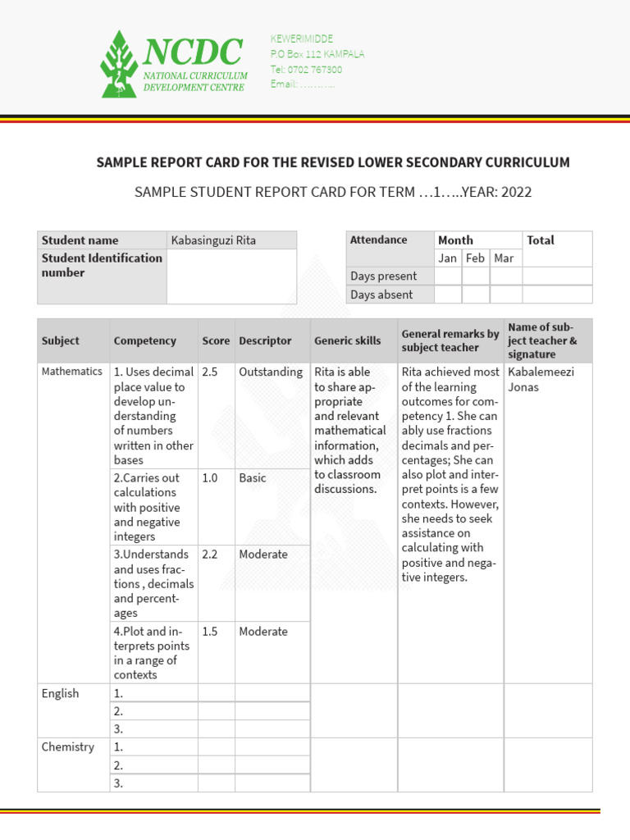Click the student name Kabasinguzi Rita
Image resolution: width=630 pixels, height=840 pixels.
point(213,240)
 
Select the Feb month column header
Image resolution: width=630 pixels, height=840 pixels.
point(476,258)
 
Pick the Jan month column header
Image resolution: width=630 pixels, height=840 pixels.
point(448,258)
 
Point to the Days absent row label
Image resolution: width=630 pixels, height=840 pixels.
point(381,294)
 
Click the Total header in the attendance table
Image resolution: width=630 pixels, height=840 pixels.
point(541,240)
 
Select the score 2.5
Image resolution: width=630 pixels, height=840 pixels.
point(210,372)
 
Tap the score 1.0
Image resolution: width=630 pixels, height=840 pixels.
point(210,477)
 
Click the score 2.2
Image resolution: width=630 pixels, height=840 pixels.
point(210,555)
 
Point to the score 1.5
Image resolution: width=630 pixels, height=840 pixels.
point(210,632)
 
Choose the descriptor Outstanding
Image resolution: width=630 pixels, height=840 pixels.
point(271,372)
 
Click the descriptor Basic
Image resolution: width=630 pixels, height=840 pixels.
point(253,477)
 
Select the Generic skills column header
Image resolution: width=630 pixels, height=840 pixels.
point(348,340)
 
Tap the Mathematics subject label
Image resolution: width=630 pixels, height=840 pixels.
point(72,372)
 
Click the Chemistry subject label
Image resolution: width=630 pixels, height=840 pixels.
point(67,747)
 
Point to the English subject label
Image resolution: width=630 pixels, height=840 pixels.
point(61,694)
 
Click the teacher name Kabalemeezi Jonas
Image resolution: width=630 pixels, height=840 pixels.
point(541,379)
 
